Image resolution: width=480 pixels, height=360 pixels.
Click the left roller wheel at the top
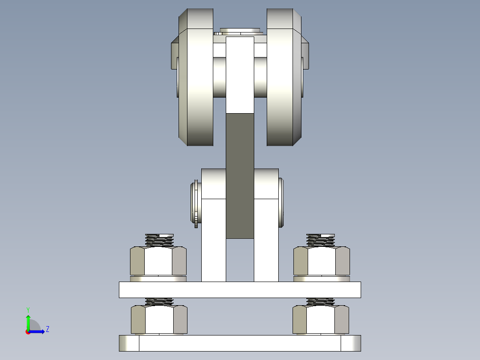(x=199, y=85)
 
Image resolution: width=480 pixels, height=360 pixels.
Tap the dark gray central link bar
(x=240, y=174)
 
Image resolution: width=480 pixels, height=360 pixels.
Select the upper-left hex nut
(x=158, y=261)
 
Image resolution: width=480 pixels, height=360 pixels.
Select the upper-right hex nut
(x=321, y=261)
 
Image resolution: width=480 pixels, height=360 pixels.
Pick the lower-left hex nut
(x=159, y=320)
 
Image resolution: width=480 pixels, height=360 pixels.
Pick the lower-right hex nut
(x=321, y=320)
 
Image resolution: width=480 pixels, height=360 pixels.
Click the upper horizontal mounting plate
(x=240, y=290)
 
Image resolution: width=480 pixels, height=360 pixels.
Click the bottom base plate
(x=240, y=343)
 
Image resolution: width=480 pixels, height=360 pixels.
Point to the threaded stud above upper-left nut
(x=159, y=241)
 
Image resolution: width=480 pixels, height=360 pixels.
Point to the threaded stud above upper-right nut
(x=321, y=241)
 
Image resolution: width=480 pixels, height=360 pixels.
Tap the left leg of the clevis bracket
(x=213, y=241)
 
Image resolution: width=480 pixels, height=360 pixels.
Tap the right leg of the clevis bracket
(x=266, y=241)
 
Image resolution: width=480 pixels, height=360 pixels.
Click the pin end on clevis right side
(x=281, y=203)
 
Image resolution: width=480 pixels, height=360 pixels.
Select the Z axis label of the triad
(x=47, y=329)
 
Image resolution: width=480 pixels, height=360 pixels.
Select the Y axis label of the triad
(x=28, y=309)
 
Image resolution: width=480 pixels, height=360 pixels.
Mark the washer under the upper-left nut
(x=158, y=279)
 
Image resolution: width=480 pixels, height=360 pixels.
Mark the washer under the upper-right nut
(x=321, y=279)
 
